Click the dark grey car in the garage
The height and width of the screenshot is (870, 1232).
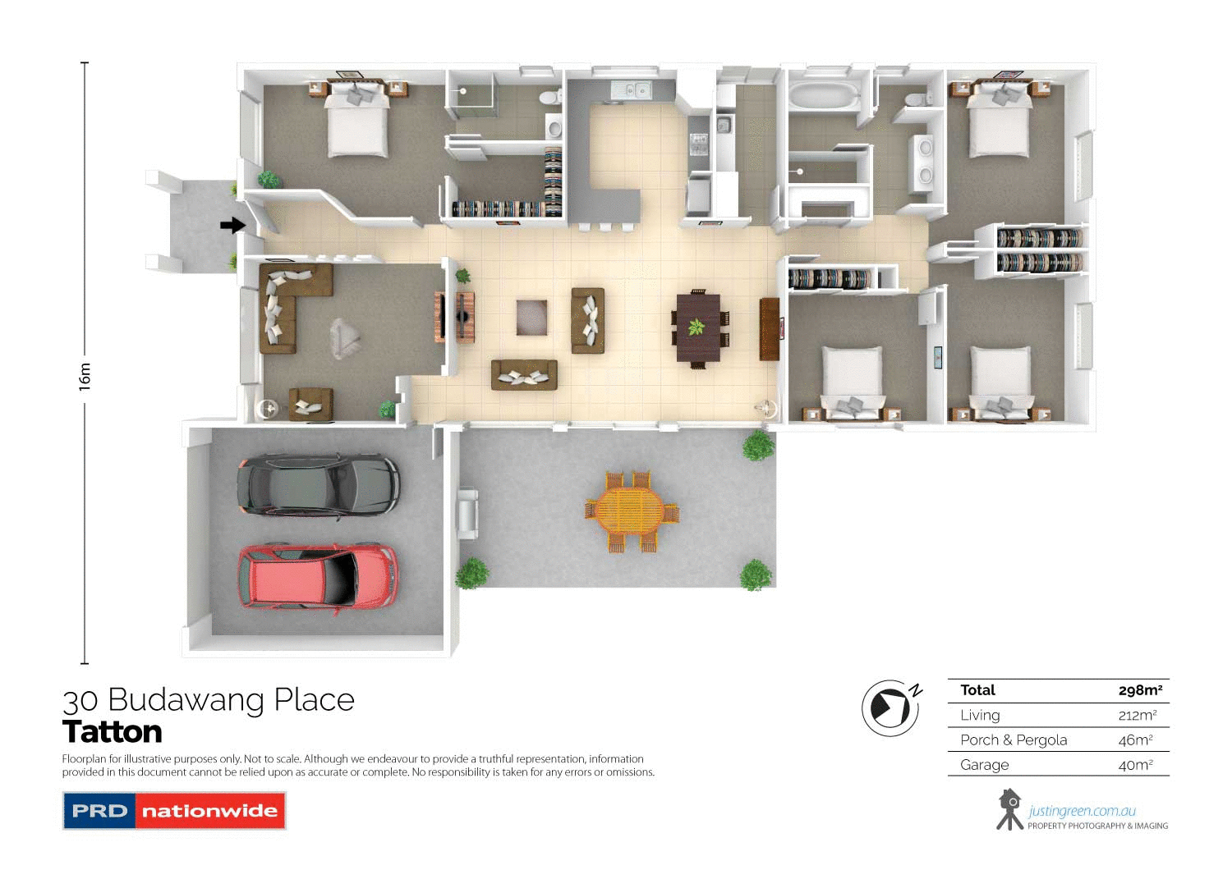[x=318, y=485]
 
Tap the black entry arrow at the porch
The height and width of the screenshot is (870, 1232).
[x=232, y=225]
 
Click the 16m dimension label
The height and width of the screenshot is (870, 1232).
[x=85, y=376]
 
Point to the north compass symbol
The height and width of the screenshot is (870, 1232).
[x=890, y=707]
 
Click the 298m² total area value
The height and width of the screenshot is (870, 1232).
[x=1140, y=690]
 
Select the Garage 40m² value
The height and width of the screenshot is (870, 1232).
[x=1135, y=765]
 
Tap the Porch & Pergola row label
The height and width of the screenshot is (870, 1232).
[x=1014, y=739]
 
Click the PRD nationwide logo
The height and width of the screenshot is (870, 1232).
[x=174, y=811]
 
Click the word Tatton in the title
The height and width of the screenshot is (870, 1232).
[x=113, y=731]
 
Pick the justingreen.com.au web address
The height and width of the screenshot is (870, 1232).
[x=1082, y=811]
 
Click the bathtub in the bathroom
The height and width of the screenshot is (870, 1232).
[x=822, y=95]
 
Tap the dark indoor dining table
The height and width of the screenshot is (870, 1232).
[x=698, y=327]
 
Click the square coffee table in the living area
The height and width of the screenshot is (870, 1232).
[x=531, y=318]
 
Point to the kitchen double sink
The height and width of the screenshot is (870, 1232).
[x=632, y=89]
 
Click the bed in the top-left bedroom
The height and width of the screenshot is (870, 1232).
[x=357, y=123]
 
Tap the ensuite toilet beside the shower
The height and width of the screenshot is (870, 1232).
[x=549, y=98]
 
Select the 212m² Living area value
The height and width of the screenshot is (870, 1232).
[x=1137, y=715]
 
